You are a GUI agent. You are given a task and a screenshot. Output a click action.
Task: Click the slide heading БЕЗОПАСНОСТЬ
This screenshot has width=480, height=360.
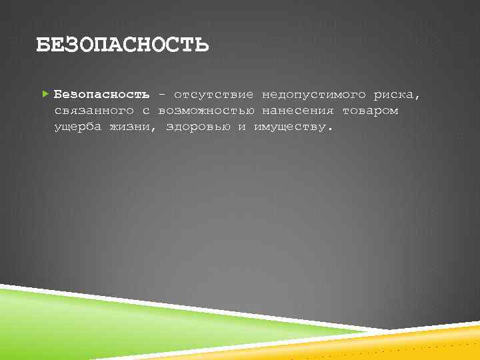[122, 45]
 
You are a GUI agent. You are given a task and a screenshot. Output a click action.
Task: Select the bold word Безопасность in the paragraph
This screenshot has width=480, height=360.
[101, 95]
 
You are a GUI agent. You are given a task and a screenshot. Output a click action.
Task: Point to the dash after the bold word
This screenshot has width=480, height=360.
[162, 95]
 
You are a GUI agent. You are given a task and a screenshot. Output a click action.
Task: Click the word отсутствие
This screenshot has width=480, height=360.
[213, 95]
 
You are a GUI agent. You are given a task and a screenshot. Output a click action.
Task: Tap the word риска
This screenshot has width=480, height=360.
[396, 95]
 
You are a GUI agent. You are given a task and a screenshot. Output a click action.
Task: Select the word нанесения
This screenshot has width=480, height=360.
[297, 111]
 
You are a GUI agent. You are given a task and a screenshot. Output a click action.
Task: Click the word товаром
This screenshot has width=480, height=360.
[370, 111]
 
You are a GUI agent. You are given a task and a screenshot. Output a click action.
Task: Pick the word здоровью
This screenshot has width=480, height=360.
[198, 127]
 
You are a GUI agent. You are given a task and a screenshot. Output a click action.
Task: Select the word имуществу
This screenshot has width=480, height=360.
[290, 127]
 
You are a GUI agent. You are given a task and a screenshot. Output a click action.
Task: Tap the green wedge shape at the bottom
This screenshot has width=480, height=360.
[100, 320]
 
